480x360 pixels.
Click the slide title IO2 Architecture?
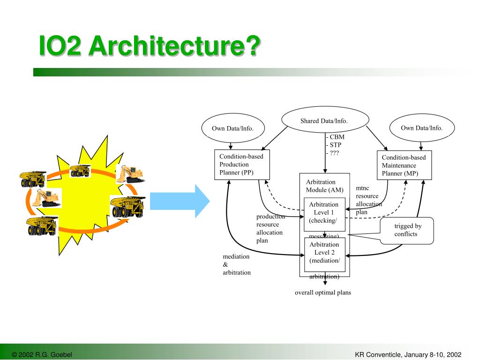(x=149, y=46)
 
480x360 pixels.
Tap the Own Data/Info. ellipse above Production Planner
(x=233, y=128)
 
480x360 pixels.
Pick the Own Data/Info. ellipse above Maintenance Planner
(x=422, y=127)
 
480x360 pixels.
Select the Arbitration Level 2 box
(x=324, y=255)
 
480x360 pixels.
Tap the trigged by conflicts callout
(x=407, y=230)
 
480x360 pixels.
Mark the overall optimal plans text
(x=323, y=292)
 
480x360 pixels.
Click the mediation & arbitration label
(x=237, y=264)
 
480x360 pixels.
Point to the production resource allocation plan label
(x=270, y=228)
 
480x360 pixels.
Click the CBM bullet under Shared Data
(x=335, y=137)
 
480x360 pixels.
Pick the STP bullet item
(x=335, y=145)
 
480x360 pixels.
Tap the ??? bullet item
(x=333, y=153)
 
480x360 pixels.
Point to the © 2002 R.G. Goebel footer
(x=42, y=354)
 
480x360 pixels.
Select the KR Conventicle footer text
(x=408, y=354)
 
